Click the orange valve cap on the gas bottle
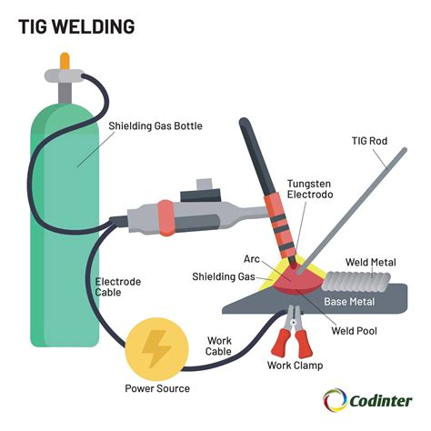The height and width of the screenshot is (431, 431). click(65, 61)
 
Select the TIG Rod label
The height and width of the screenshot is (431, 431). click(372, 142)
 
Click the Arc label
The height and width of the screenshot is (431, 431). click(253, 259)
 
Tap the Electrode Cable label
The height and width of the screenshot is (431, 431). click(118, 287)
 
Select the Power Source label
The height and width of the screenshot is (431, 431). click(157, 388)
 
